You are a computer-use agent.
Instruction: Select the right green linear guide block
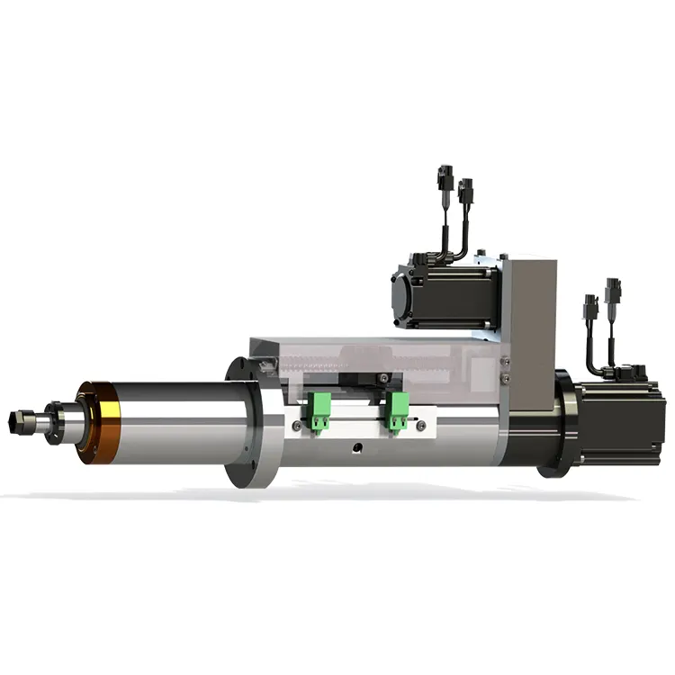395,412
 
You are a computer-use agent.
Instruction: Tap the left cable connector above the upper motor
444,177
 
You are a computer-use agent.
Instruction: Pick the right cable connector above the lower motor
614,290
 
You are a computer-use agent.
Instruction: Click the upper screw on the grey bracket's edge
504,362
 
